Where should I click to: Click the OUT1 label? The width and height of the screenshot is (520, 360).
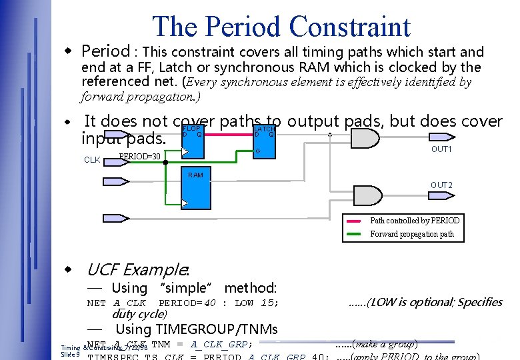coord(441,149)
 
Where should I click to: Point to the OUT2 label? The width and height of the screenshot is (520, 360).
coord(441,185)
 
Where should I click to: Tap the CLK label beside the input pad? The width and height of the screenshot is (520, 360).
coord(92,160)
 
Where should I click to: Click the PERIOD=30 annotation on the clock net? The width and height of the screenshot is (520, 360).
coord(139,157)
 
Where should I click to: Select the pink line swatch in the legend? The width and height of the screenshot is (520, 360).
coord(355,221)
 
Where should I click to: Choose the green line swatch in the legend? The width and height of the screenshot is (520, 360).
coord(355,234)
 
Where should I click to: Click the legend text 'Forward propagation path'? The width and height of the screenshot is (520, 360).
coord(412,234)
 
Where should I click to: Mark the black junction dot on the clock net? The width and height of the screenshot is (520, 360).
coord(165,161)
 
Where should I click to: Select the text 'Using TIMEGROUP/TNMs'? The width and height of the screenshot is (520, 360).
coord(196,329)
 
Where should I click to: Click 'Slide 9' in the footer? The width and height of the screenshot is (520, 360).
coord(71,354)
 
